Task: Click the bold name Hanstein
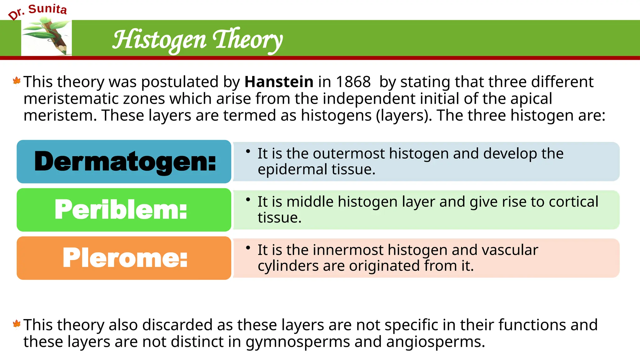coord(279,82)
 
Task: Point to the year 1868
coord(353,82)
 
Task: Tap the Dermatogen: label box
coord(124,162)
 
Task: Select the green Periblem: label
coord(121,210)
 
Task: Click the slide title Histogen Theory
coord(197,40)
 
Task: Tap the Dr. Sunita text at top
coord(38,11)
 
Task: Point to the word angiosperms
coord(435,342)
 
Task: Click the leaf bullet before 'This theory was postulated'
coord(17,81)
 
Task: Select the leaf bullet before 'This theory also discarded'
coord(17,324)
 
